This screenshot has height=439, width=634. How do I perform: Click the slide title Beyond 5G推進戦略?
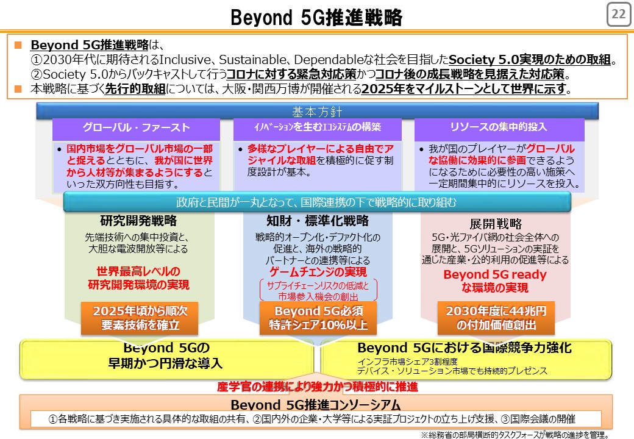(316, 18)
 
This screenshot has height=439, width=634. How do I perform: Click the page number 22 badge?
(619, 14)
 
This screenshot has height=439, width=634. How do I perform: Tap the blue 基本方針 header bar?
(317, 111)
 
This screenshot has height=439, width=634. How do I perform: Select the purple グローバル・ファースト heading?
(137, 128)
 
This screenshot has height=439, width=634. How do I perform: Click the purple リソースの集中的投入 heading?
(499, 127)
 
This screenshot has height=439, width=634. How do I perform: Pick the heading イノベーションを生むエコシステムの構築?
(318, 127)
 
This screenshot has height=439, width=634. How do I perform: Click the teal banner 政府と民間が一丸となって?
(317, 202)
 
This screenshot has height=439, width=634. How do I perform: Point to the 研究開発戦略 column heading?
(138, 220)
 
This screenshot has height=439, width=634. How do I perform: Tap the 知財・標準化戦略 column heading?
(318, 220)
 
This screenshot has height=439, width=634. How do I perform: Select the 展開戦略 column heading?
(496, 224)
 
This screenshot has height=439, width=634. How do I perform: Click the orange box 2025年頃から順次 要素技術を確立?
(140, 318)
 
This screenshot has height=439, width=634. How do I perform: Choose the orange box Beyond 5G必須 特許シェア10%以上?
(318, 318)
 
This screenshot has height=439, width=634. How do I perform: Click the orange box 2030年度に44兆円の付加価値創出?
(496, 318)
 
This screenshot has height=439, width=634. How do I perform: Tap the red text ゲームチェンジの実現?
(318, 272)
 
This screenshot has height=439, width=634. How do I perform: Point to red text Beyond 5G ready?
(495, 274)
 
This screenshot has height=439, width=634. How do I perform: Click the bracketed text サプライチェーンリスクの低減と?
(318, 286)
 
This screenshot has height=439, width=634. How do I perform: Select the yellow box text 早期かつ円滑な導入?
(165, 363)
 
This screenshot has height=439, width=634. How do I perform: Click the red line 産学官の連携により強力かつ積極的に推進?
(318, 387)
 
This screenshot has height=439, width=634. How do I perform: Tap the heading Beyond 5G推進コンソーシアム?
(316, 405)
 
